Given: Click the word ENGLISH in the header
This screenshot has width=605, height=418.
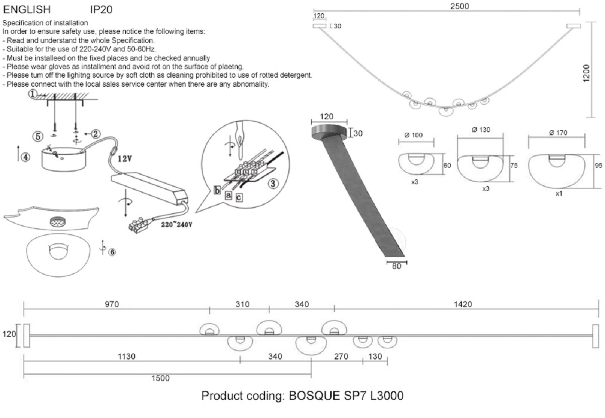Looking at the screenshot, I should click(27, 9).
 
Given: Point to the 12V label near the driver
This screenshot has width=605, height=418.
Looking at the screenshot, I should click(125, 158).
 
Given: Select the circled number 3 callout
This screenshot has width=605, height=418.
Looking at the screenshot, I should click(273, 183).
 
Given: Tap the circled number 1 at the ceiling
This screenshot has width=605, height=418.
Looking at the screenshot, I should click(32, 94).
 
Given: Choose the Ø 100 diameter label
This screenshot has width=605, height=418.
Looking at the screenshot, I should click(413, 135).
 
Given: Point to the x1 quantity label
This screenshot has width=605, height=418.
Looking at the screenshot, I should click(558, 194).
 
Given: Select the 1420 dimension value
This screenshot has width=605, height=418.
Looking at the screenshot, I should click(462, 304).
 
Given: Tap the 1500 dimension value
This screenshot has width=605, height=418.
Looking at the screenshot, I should click(161, 378).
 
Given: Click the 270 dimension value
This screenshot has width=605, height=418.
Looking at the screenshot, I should click(342, 356).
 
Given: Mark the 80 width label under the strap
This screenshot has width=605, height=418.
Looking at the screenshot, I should click(396, 267).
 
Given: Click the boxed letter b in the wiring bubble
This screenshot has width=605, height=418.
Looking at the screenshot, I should click(217, 190).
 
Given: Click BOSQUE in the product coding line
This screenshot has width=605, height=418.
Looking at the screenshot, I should click(313, 396).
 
